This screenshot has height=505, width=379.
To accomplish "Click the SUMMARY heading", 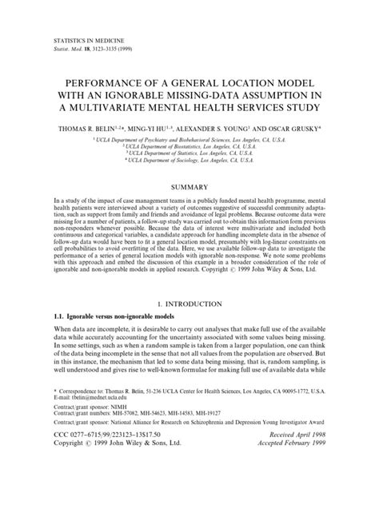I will point(190,189).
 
